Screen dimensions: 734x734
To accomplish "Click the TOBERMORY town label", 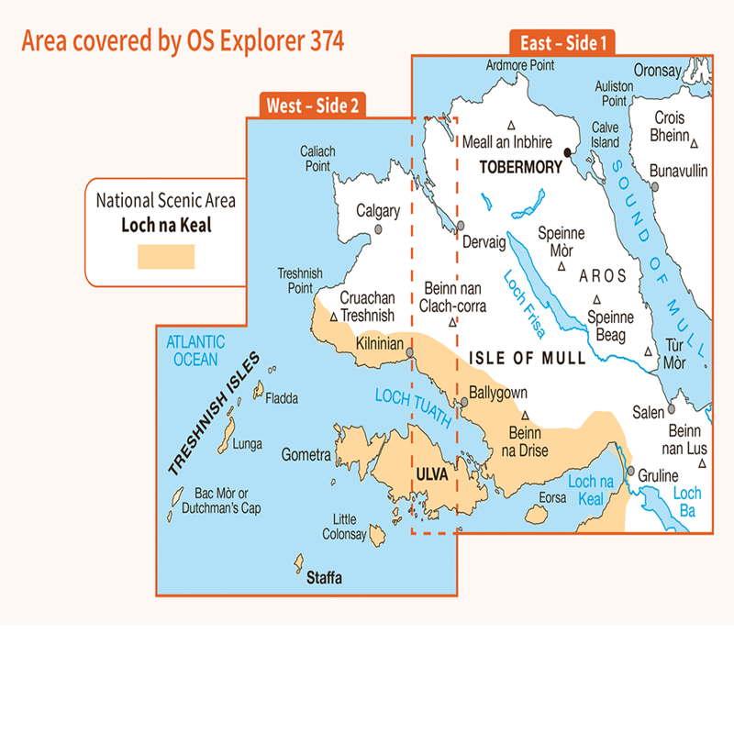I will coord(518,168).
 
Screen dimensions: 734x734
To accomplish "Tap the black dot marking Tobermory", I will coord(568,152).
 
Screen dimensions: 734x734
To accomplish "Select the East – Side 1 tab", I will coord(562,43).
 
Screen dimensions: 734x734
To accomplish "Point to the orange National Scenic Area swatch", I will coord(166,257).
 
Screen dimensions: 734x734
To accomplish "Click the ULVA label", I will coord(431,474).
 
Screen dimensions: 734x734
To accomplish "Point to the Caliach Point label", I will coord(317,160).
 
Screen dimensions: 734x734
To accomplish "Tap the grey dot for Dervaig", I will coord(462,226).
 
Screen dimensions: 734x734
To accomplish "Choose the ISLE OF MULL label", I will coord(527,359).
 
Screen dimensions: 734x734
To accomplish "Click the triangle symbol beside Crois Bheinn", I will coord(695,142).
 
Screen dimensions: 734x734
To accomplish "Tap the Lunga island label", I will coord(247,444).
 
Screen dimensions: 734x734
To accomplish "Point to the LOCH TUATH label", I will coord(413,407).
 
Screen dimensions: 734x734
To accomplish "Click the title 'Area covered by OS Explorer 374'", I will coord(183,41).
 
